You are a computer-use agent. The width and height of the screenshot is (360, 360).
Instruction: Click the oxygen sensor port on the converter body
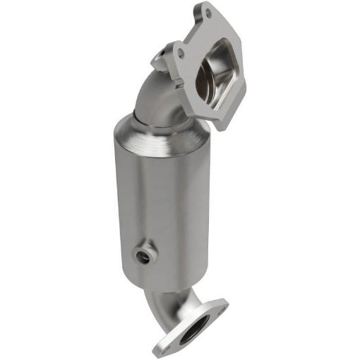tap(145, 251)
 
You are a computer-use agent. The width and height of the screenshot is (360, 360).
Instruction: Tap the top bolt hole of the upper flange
tap(205, 13)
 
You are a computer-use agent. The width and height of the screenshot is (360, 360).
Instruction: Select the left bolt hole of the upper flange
tap(180, 52)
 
